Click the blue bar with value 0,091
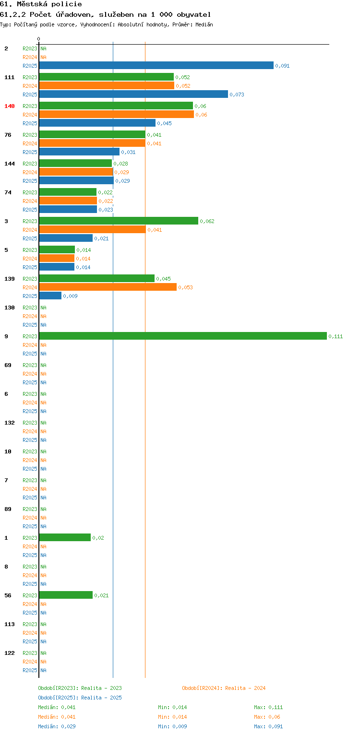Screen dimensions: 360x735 (156, 65)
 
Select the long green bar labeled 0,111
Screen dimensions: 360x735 (183, 336)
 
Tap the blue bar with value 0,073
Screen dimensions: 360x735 (133, 94)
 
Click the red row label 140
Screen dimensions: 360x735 (10, 106)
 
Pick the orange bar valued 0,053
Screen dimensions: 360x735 (108, 287)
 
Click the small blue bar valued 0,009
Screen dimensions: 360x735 (50, 296)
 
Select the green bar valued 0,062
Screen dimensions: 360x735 (119, 221)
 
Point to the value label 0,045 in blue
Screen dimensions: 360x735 (165, 123)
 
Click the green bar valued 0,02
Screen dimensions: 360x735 (65, 537)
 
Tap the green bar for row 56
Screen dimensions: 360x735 (66, 595)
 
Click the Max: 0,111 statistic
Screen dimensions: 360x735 (268, 707)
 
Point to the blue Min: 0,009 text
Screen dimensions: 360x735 (173, 726)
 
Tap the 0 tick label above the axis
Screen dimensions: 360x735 (39, 39)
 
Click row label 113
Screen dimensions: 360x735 (10, 624)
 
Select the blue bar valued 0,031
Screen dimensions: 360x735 (79, 152)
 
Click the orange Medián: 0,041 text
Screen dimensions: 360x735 (57, 717)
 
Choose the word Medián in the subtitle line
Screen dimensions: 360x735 (204, 24)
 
